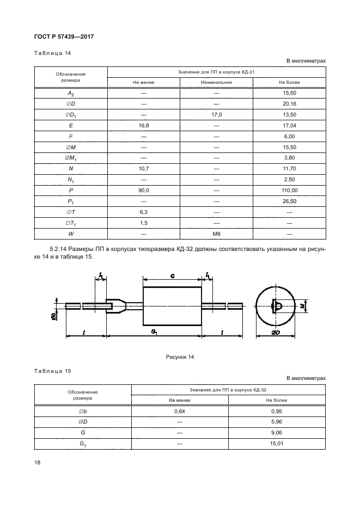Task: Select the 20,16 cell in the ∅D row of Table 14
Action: coord(289,103)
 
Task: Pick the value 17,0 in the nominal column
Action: coord(216,114)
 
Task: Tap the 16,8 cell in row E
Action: coord(144,125)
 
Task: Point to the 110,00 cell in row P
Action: coord(289,191)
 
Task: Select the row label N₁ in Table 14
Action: coord(71,180)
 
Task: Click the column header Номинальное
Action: coord(216,82)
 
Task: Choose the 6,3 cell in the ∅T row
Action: coord(144,212)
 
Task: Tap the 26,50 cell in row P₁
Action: coord(289,201)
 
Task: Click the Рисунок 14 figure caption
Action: coord(180,357)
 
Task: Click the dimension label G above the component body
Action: coord(172,277)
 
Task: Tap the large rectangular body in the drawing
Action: coord(172,305)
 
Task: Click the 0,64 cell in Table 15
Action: coord(180,412)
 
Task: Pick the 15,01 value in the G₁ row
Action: coord(277,444)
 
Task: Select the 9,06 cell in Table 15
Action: coord(277,433)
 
